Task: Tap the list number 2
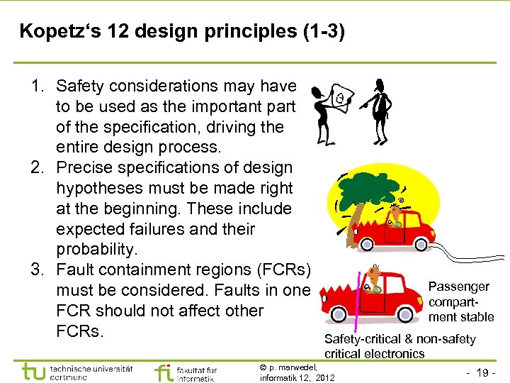pos(38,168)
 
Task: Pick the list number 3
pos(38,270)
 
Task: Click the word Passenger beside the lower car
pos(459,287)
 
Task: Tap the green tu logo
pos(33,372)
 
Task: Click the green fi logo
pos(164,372)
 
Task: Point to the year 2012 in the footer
pos(324,377)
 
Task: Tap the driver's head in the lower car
pos(374,272)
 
